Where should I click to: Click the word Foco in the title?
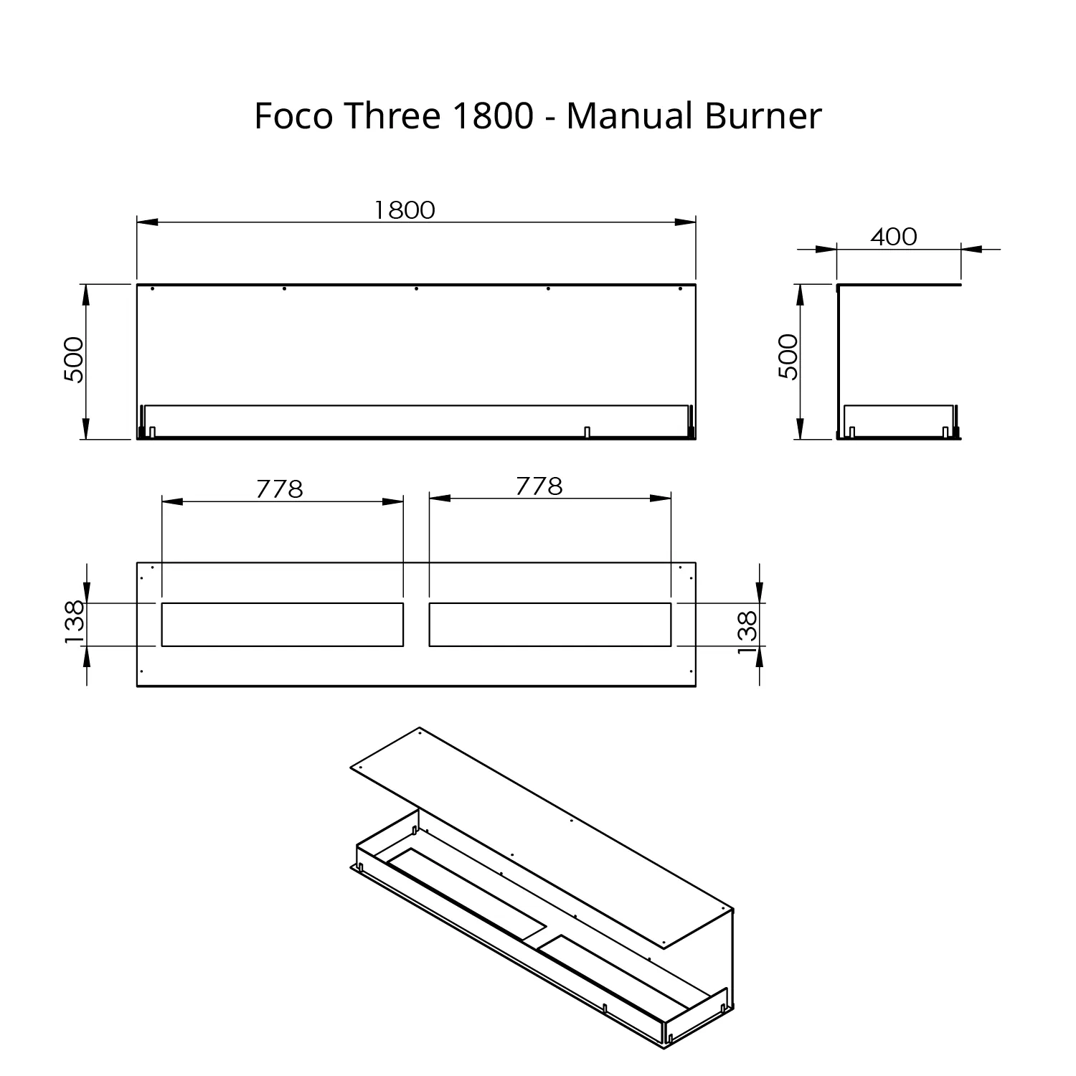pyautogui.click(x=294, y=115)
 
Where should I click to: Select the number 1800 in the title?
pyautogui.click(x=492, y=115)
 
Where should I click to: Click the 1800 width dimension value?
pyautogui.click(x=405, y=209)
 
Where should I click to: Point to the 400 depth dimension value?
pyautogui.click(x=894, y=236)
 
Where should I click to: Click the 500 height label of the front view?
pyautogui.click(x=75, y=359)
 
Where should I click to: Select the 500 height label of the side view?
pyautogui.click(x=788, y=357)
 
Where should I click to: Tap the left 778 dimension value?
pyautogui.click(x=280, y=489)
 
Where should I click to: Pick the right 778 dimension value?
pyautogui.click(x=539, y=486)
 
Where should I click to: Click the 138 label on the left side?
pyautogui.click(x=75, y=623)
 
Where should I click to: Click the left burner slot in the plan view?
pyautogui.click(x=283, y=625)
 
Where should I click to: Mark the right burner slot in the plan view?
pyautogui.click(x=550, y=625)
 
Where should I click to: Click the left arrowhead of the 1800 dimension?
pyautogui.click(x=147, y=222)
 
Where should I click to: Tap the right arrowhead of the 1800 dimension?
pyautogui.click(x=686, y=222)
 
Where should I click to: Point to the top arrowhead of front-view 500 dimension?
pyautogui.click(x=86, y=295)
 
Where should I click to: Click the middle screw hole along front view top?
pyautogui.click(x=416, y=288)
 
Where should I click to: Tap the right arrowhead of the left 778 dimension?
pyautogui.click(x=393, y=501)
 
